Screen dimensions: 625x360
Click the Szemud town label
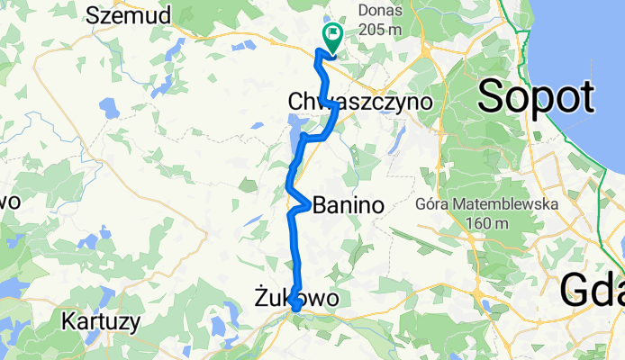tap(129, 14)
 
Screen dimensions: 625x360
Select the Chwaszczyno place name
tap(358, 102)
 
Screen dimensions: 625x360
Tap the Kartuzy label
tap(99, 320)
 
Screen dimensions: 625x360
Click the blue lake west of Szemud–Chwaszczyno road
tap(110, 108)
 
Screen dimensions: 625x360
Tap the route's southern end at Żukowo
tap(295, 310)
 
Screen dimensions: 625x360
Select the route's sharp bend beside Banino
tap(309, 205)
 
